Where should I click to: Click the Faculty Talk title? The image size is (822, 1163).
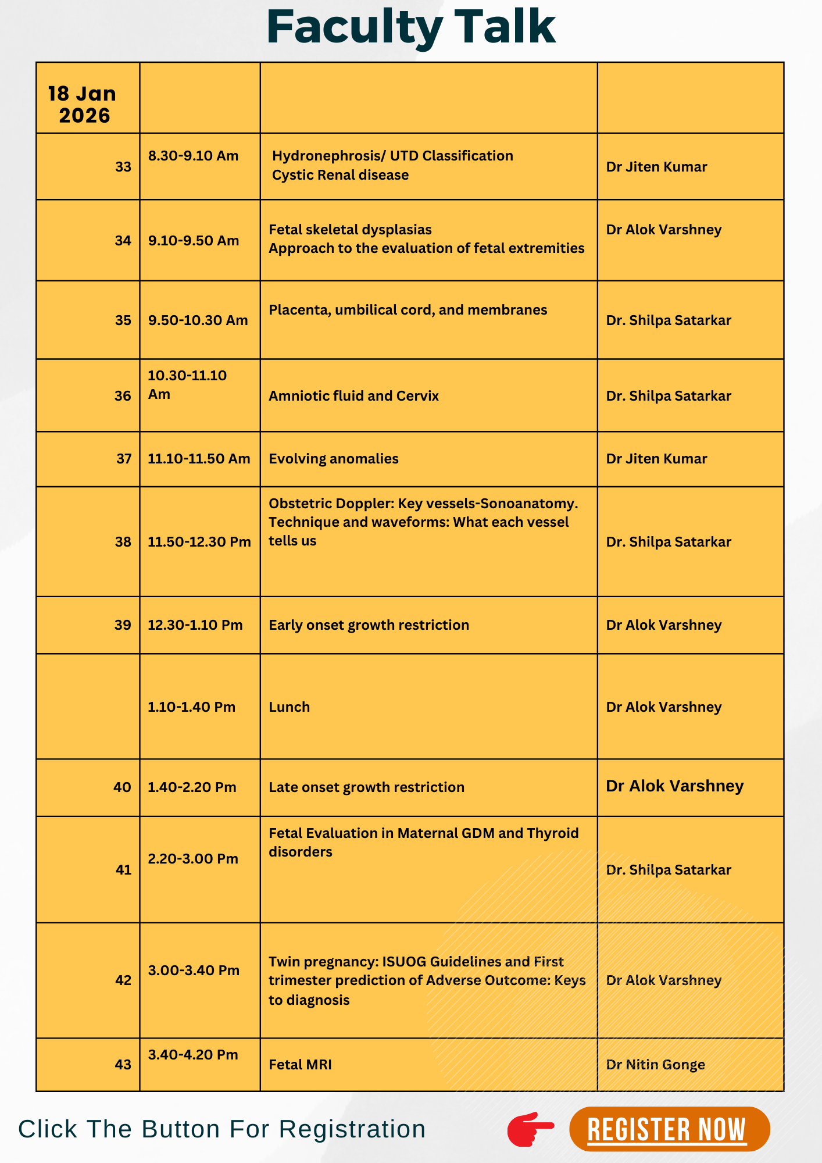coord(411,27)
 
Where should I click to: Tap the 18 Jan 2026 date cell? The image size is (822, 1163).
coord(83,105)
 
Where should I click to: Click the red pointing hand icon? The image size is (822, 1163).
coord(530,1129)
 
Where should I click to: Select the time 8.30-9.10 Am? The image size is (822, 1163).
coord(193,156)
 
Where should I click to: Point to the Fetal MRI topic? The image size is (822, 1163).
coord(300,1065)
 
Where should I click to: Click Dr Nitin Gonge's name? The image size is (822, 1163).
coord(655,1065)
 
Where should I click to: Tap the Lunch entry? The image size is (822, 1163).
coord(289,707)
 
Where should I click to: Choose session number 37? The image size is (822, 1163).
coord(124,459)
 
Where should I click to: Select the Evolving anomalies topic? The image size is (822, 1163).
coord(333,459)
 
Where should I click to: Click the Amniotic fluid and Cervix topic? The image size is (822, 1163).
coord(353,396)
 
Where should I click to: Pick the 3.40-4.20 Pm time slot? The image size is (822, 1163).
coord(193,1055)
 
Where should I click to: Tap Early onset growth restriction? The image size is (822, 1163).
coord(369,625)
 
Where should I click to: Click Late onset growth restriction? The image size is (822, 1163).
coord(366,787)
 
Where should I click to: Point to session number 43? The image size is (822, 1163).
coord(123,1065)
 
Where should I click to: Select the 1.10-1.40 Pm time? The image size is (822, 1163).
coord(191,707)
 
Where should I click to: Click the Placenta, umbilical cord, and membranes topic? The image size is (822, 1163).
coord(408,310)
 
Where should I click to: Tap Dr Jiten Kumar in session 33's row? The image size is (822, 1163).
coord(656,167)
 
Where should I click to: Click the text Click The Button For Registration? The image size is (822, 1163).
coord(221,1129)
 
